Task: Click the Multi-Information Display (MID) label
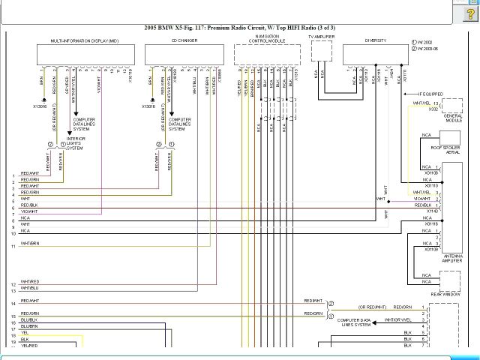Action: click(83, 40)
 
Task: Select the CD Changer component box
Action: click(183, 55)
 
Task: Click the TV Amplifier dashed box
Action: click(321, 51)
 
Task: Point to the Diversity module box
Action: click(375, 55)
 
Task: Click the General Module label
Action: click(452, 119)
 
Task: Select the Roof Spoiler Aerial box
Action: click(450, 142)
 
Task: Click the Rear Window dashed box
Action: click(450, 281)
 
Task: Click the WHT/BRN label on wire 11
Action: click(30, 244)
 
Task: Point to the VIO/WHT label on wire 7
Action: click(29, 211)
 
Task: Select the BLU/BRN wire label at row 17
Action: click(29, 326)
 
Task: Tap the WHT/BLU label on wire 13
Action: click(29, 288)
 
